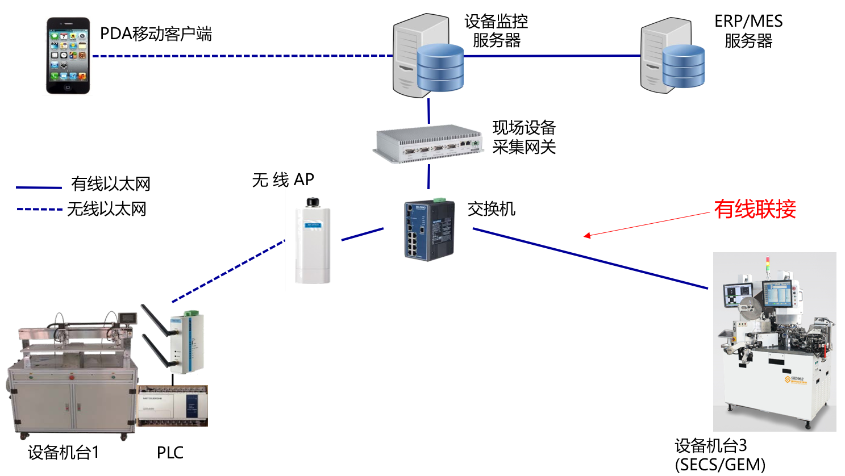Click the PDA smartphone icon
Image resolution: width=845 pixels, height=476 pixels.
(68, 56)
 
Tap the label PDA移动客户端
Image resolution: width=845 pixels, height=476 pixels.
(156, 34)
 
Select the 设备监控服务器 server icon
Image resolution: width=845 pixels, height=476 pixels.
(427, 56)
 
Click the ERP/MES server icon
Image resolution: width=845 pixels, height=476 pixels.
(672, 56)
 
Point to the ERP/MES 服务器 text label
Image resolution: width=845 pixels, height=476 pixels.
(748, 31)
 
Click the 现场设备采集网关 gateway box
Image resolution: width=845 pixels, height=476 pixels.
(427, 144)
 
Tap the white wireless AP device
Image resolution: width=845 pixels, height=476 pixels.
(313, 241)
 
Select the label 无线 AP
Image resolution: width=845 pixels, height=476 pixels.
(283, 180)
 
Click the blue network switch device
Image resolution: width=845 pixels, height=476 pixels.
(429, 230)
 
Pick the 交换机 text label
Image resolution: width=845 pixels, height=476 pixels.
(491, 209)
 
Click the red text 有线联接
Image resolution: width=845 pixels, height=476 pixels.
(755, 209)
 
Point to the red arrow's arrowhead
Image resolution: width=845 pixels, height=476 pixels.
(587, 236)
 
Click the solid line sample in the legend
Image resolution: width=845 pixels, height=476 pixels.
(39, 187)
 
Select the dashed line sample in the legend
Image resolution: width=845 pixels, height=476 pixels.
(39, 210)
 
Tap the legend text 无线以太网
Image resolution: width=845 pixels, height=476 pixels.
(107, 210)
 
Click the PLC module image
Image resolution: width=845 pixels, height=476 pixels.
(173, 406)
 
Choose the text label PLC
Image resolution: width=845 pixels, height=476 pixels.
(170, 453)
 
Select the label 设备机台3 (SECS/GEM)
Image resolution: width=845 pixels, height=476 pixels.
(720, 455)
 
